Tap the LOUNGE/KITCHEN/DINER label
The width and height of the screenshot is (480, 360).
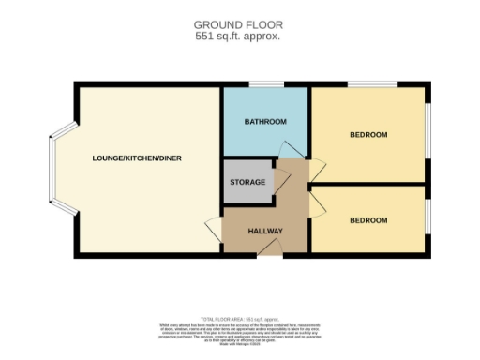(137, 157)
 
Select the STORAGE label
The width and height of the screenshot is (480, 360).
(248, 182)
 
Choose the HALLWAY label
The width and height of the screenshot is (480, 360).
(265, 231)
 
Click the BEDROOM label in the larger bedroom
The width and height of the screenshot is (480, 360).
(368, 135)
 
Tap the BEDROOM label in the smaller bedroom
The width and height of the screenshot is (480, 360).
(368, 220)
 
